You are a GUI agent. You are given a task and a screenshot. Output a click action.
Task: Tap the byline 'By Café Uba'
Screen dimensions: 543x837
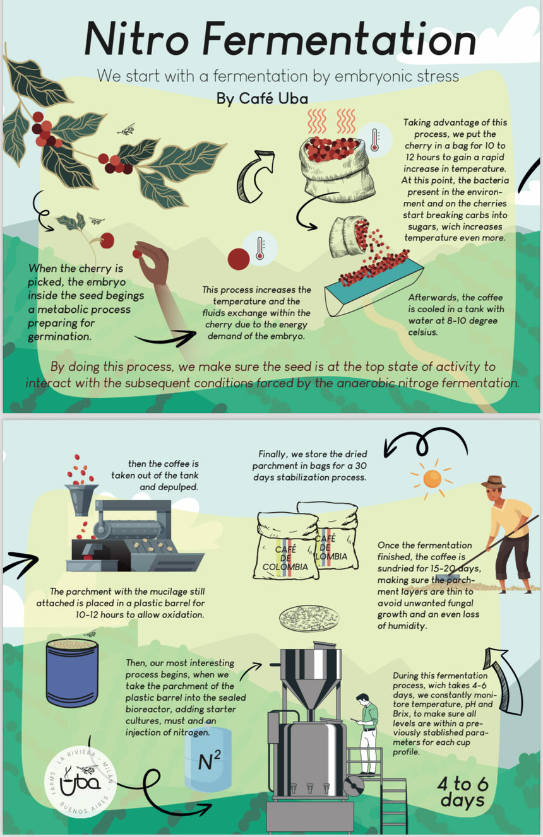[262, 98]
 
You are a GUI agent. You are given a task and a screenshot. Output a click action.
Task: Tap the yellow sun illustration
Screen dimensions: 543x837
[432, 479]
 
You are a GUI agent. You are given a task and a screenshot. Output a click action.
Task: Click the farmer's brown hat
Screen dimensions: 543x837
[494, 481]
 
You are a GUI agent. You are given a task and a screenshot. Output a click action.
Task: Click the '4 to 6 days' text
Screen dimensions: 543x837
[463, 792]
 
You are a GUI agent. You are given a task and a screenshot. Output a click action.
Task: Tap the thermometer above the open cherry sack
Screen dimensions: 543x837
[374, 139]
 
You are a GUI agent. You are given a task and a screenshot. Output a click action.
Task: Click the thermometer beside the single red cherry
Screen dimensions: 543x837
[260, 248]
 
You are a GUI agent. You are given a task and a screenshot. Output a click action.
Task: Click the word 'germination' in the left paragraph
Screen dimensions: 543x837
[60, 337]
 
